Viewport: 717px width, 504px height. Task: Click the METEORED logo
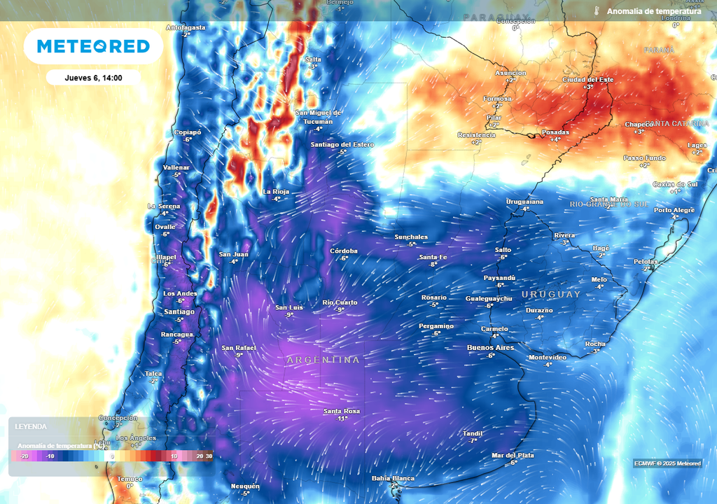(x=93, y=46)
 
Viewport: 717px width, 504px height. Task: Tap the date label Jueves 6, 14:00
(x=93, y=78)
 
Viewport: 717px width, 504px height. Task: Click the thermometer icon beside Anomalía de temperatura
(x=597, y=11)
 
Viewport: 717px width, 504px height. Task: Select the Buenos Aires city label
(x=490, y=348)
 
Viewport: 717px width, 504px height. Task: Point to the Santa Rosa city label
(x=342, y=411)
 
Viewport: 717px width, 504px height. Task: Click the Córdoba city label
(x=344, y=251)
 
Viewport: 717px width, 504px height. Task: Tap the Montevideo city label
(x=548, y=357)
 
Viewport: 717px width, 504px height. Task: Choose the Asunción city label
(x=510, y=73)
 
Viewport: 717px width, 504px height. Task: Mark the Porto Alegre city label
(x=674, y=210)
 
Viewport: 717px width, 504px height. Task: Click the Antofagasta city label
(x=186, y=27)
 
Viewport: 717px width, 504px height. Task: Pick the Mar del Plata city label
(x=513, y=455)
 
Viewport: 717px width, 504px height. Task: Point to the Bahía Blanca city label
(x=393, y=478)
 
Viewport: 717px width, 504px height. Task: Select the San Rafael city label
(x=238, y=347)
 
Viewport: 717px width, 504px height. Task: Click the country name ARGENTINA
(x=323, y=360)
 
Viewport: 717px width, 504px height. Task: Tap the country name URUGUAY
(x=551, y=294)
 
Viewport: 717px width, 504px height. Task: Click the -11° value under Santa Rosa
(x=342, y=419)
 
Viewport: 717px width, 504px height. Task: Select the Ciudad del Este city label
(x=587, y=80)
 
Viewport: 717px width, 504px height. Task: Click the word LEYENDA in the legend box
(x=32, y=426)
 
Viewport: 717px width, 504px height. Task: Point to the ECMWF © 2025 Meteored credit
(x=667, y=463)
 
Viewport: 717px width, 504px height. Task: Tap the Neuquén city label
(x=245, y=486)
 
